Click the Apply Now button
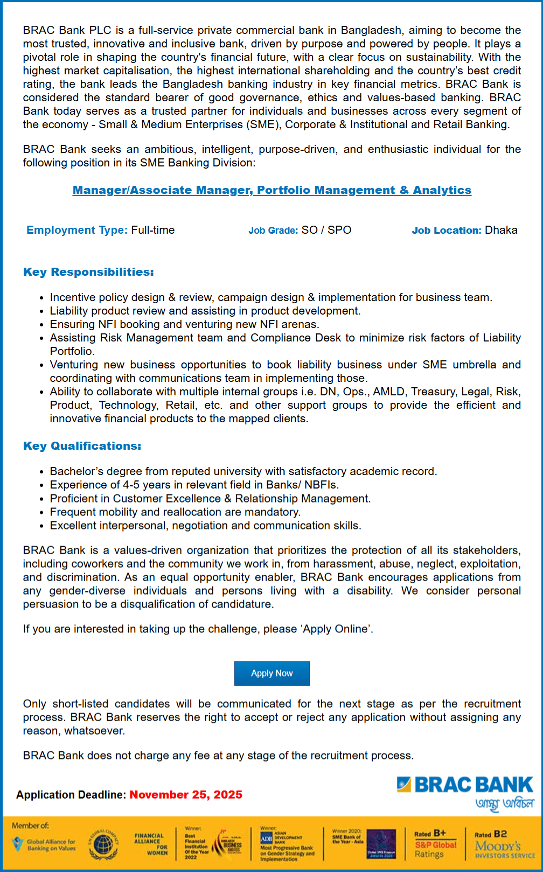point(271,673)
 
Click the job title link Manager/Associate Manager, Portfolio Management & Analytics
point(271,190)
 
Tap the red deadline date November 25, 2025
point(186,794)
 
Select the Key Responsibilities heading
point(88,272)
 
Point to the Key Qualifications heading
point(82,446)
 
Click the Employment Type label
point(77,230)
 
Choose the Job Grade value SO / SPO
point(326,230)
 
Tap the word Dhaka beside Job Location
point(501,230)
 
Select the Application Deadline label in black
point(71,794)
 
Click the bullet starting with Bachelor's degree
point(243,471)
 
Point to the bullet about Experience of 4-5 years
point(194,485)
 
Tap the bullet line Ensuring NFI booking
point(184,324)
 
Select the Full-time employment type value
point(153,230)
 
